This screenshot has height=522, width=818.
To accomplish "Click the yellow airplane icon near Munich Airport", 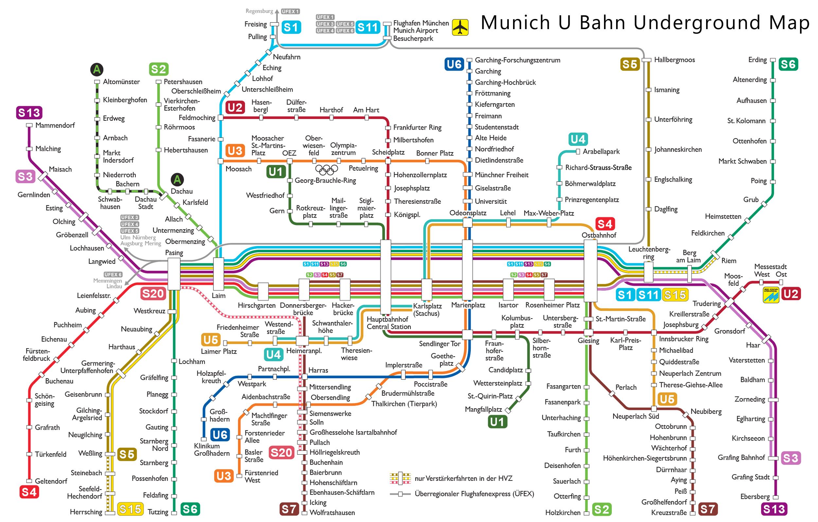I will click(x=460, y=27).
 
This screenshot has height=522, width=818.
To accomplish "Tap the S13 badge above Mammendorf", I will click(x=29, y=113).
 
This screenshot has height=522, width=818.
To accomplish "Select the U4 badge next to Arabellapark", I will click(x=578, y=139).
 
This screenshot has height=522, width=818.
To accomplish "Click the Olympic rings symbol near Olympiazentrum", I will click(x=327, y=169).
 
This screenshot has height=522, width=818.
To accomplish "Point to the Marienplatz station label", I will click(x=468, y=305).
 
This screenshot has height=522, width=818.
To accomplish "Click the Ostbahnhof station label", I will click(x=598, y=235).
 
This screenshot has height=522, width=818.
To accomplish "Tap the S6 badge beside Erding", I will click(x=788, y=64).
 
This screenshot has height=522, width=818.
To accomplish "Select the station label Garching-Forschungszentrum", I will click(x=517, y=60).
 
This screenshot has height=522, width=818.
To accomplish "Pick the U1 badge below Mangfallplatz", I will click(x=497, y=422).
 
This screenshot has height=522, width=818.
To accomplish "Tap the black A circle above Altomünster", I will click(x=97, y=69).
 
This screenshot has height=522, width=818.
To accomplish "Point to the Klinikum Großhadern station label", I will click(x=212, y=450).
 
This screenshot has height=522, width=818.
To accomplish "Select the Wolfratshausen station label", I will click(x=332, y=513).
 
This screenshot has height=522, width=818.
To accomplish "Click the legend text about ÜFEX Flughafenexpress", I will click(x=474, y=494).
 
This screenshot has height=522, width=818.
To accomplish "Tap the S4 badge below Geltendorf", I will click(x=29, y=492).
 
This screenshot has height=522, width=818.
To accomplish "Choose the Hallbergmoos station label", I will click(x=674, y=60).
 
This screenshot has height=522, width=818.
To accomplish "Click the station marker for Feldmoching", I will click(x=221, y=118).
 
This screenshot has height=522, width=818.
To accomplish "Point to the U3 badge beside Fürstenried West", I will click(x=223, y=476).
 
